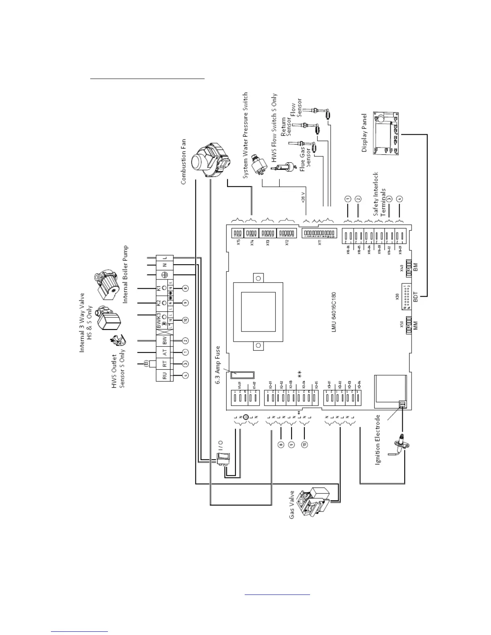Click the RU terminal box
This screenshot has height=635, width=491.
point(164,376)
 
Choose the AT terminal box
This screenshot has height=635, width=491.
point(164,352)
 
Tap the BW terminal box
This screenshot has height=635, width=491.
point(164,341)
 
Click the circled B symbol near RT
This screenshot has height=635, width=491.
point(146,363)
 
